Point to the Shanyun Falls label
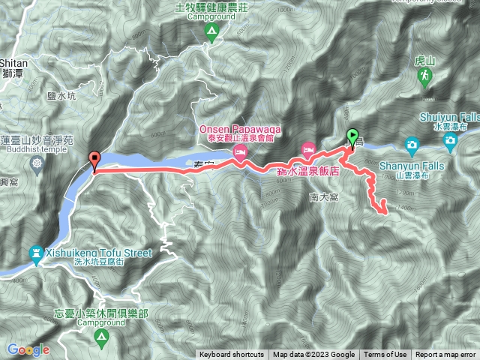click(x=413, y=166)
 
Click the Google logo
click(x=28, y=349)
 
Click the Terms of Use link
click(x=386, y=355)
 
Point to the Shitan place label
click(x=13, y=64)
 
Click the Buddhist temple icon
click(x=37, y=162)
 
